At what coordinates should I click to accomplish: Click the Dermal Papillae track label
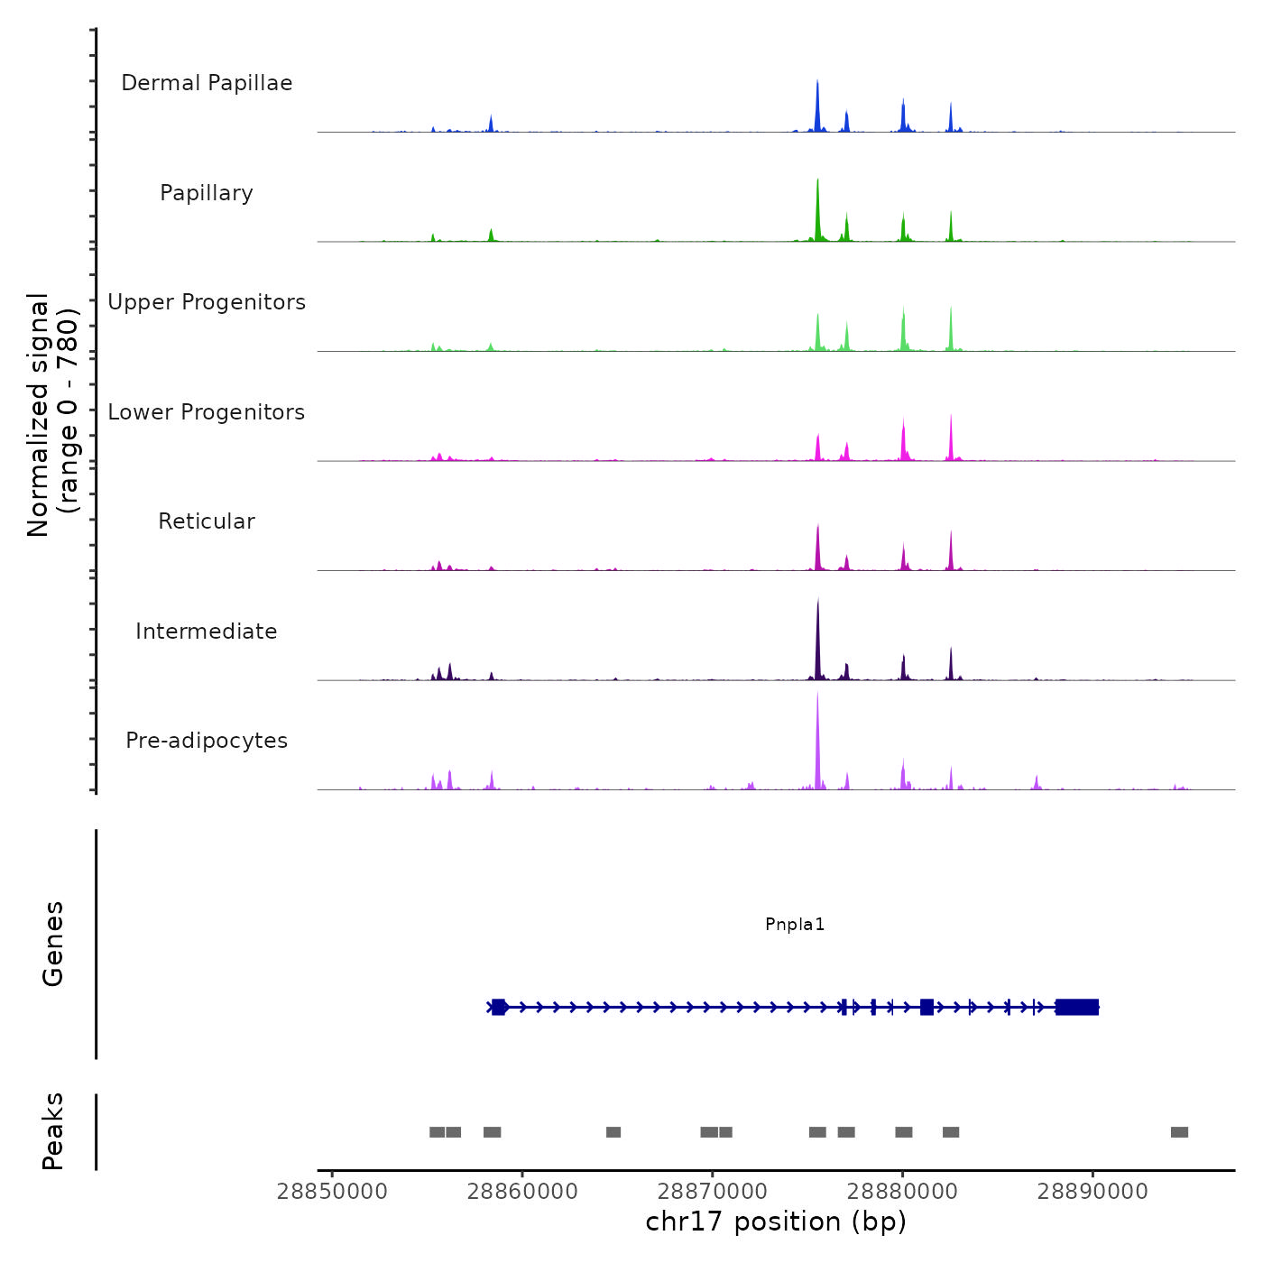point(207,83)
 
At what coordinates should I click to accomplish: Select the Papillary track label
point(207,193)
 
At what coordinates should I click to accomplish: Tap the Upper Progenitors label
point(207,302)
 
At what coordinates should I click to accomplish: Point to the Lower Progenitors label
point(207,412)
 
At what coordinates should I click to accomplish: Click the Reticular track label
point(207,521)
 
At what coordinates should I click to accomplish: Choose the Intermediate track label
point(207,631)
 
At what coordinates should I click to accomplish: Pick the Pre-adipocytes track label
point(207,741)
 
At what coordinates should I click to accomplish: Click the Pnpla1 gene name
point(795,924)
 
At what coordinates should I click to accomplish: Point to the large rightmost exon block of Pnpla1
point(1077,1007)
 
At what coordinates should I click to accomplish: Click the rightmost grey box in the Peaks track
point(1179,1132)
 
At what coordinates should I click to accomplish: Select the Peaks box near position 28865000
point(613,1132)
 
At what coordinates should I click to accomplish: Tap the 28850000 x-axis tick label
point(332,1192)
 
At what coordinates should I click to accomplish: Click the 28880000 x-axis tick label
point(902,1192)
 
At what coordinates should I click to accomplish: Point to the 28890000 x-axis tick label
point(1092,1192)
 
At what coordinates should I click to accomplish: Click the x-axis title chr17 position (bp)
point(776,1222)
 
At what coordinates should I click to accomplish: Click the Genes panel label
point(53,944)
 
